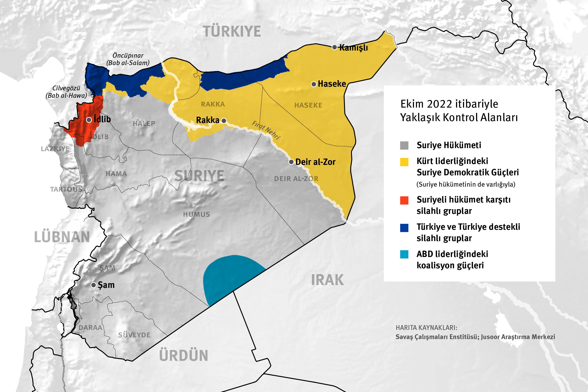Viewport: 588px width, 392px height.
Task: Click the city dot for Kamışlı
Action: click(335, 47)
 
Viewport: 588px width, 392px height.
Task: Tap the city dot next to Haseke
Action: click(314, 84)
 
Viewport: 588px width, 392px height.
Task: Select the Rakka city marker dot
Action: click(224, 121)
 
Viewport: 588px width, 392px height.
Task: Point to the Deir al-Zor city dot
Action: click(291, 162)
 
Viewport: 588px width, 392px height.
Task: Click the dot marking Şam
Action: click(93, 285)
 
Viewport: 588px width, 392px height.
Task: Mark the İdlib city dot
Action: click(89, 120)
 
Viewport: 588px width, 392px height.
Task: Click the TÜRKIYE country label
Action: click(232, 32)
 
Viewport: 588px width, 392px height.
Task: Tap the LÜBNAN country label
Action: click(62, 237)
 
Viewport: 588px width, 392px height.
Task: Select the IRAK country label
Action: click(327, 280)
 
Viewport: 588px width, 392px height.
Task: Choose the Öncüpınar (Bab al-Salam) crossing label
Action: click(128, 59)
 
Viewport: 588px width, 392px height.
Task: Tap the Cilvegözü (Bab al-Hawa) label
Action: click(66, 92)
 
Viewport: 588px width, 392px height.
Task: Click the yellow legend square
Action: click(404, 162)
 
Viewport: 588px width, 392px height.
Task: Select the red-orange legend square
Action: click(404, 200)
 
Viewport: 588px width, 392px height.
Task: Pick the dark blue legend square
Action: click(404, 228)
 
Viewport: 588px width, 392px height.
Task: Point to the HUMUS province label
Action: click(196, 214)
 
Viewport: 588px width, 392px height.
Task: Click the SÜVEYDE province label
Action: click(134, 335)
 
